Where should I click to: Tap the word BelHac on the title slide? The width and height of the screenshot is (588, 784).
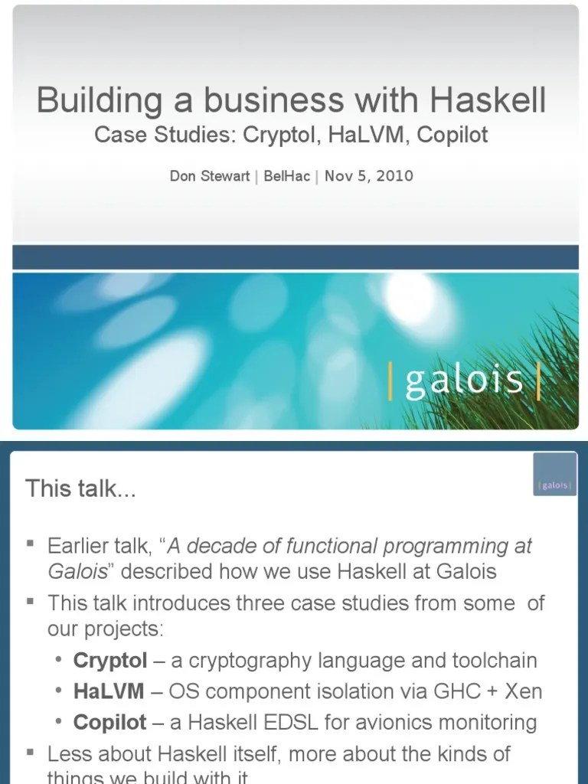coord(286,176)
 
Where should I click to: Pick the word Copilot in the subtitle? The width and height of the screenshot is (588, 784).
coord(452,136)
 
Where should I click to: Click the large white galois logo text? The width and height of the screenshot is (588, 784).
coord(464,381)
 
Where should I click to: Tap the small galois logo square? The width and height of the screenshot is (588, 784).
coord(555,473)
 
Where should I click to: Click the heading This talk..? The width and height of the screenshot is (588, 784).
coord(80,488)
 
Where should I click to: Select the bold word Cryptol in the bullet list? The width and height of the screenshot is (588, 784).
coord(109,660)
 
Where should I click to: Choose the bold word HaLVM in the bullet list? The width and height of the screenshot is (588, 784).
coord(108,691)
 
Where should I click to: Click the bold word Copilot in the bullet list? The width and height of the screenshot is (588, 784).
coord(110,722)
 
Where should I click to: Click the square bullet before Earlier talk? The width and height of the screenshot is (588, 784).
coord(31,544)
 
